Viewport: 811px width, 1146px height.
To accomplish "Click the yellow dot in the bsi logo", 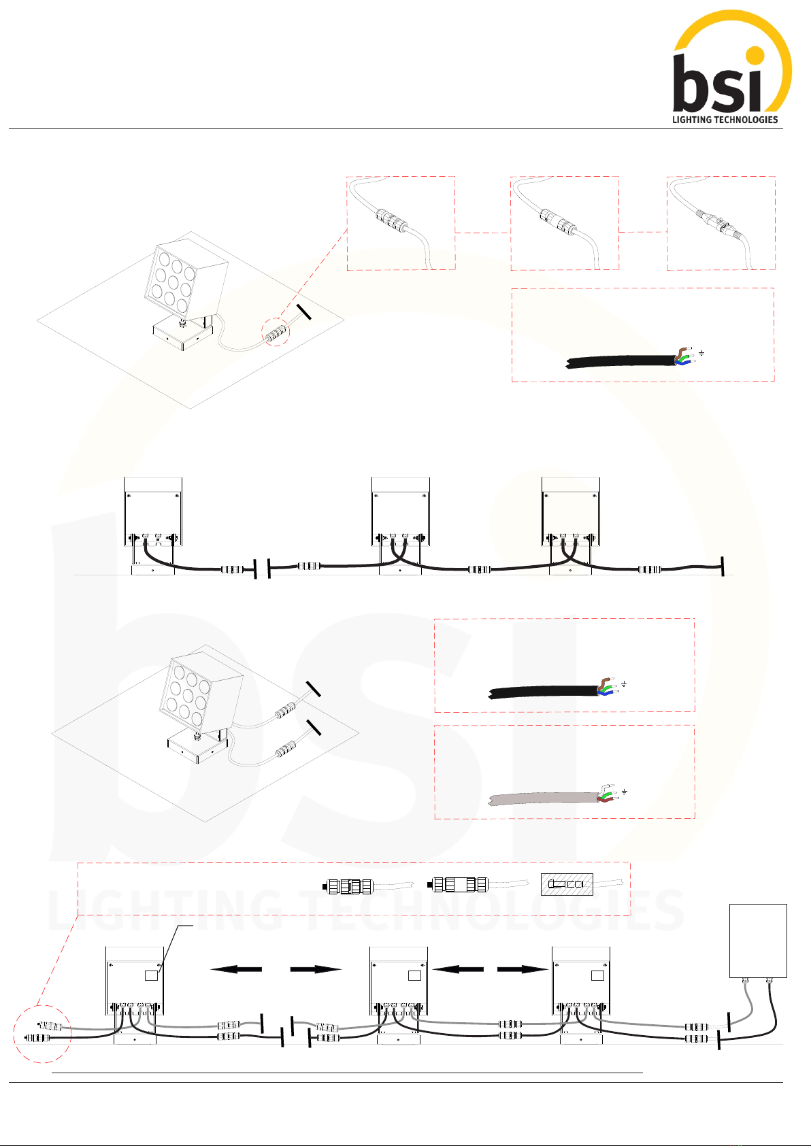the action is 755,56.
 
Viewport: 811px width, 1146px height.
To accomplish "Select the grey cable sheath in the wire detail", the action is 544,798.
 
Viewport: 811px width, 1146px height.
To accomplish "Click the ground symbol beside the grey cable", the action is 625,792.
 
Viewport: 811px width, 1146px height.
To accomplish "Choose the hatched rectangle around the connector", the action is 567,884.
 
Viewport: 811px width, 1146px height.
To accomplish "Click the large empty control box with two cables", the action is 758,941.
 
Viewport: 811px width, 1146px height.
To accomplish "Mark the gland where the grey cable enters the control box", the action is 744,981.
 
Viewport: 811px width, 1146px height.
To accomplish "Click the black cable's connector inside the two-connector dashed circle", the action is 36,1039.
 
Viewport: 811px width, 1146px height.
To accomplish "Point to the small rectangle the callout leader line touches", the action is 152,976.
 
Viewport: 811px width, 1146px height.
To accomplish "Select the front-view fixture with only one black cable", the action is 153,526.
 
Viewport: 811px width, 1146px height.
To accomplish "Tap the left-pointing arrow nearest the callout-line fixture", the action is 236,969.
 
